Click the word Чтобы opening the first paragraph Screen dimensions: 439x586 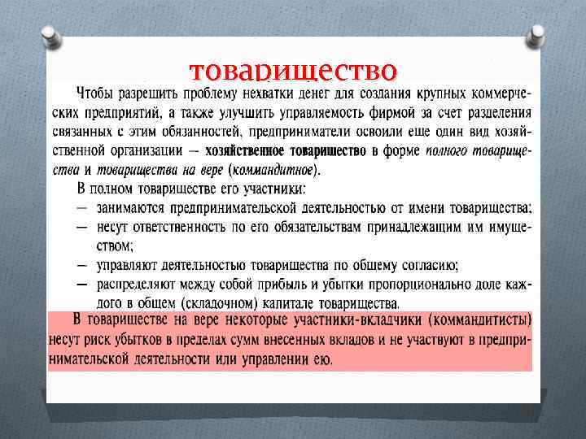[95, 92]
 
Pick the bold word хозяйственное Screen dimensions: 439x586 [244, 151]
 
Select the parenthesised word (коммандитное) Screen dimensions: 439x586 [274, 170]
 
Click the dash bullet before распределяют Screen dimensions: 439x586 [82, 285]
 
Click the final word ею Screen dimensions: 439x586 [322, 360]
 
